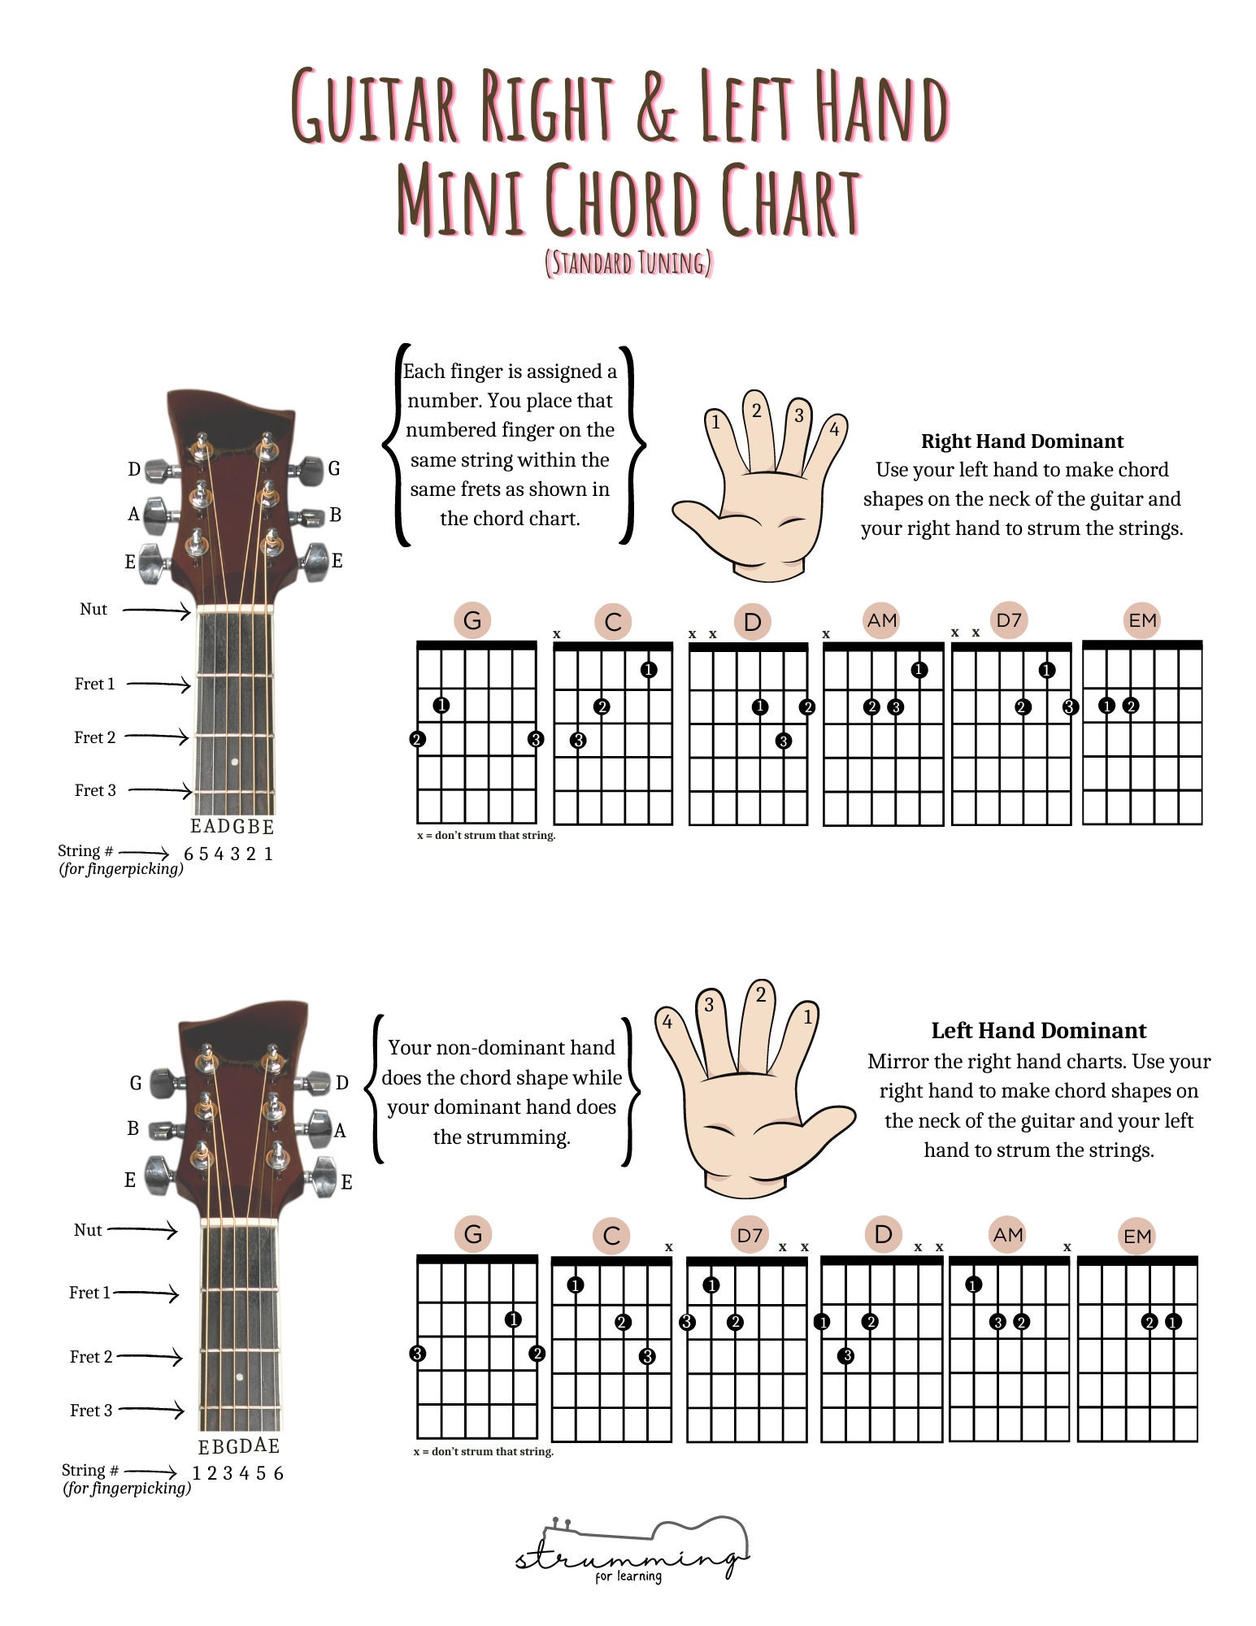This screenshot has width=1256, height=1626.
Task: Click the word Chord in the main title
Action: point(622,201)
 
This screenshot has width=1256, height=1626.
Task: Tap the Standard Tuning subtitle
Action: point(628,263)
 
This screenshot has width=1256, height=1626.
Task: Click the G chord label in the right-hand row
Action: point(472,621)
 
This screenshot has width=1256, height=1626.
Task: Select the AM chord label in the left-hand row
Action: point(1008,1234)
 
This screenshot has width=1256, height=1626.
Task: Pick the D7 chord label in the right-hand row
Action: point(1009,620)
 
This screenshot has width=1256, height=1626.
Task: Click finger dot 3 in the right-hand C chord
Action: point(578,740)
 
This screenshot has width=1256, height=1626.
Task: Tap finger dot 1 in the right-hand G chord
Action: point(441,705)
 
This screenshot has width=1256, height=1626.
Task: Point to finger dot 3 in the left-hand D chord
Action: point(846,1355)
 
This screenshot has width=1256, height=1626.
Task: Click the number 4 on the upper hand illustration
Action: point(834,429)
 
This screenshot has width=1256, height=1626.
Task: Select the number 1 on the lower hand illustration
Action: point(807,1016)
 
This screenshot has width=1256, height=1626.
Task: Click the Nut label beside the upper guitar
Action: point(93,609)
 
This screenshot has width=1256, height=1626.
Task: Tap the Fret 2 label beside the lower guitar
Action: point(91,1356)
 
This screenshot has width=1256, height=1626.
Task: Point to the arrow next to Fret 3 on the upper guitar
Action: point(159,789)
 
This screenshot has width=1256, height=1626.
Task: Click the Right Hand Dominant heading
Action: point(1022,441)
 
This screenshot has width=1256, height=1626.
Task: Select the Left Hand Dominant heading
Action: point(1038,1031)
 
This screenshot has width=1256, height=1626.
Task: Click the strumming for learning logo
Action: point(631,1553)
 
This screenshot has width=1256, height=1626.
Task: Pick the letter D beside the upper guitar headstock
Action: point(134,469)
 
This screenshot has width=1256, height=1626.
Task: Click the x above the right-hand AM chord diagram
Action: point(826,634)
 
